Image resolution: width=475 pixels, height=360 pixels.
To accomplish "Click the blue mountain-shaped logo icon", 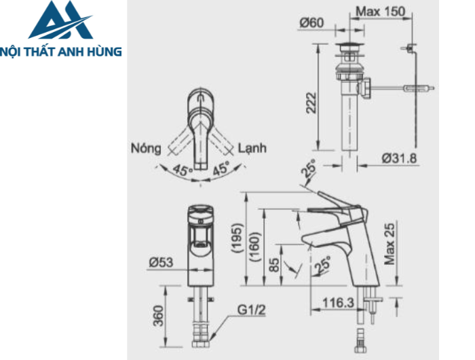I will point(60,22).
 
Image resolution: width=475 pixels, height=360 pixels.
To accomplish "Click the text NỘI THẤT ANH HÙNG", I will point(62,51).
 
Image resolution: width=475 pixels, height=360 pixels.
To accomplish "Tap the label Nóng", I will point(146,148).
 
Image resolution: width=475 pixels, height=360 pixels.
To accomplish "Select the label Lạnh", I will point(252,148).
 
